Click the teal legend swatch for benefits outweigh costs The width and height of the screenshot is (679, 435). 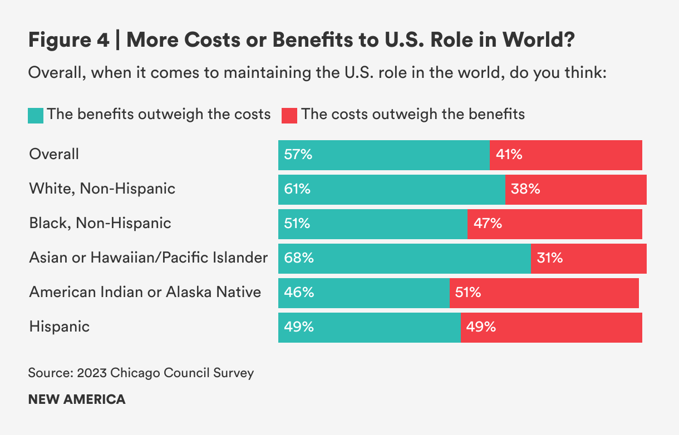pyautogui.click(x=36, y=115)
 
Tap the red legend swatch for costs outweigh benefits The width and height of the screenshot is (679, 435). pyautogui.click(x=290, y=115)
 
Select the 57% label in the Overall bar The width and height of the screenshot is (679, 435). pyautogui.click(x=298, y=155)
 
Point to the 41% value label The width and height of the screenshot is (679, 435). pyautogui.click(x=509, y=155)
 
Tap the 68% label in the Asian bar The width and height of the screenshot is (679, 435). pyautogui.click(x=299, y=258)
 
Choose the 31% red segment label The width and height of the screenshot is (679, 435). pyautogui.click(x=549, y=258)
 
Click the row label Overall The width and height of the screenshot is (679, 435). pyautogui.click(x=54, y=154)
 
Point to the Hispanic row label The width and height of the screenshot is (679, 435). pyautogui.click(x=59, y=326)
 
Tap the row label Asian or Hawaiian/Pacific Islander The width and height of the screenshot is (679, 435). pyautogui.click(x=149, y=258)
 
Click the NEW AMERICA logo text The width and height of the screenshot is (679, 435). pyautogui.click(x=77, y=399)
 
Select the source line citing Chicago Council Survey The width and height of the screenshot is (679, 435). pyautogui.click(x=141, y=373)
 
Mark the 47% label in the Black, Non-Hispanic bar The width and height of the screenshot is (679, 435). pyautogui.click(x=488, y=224)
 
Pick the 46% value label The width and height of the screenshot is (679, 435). pyautogui.click(x=298, y=293)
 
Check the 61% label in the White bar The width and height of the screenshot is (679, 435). pyautogui.click(x=297, y=189)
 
